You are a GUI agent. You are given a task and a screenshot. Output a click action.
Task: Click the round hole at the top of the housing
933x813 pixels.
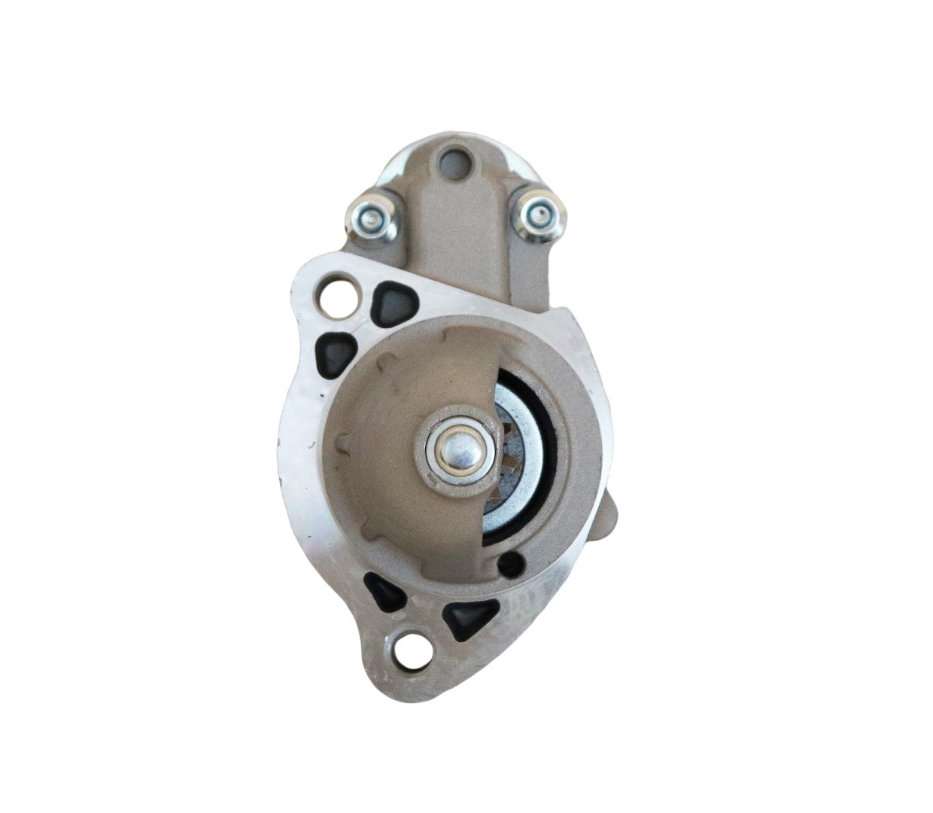pyautogui.click(x=451, y=160)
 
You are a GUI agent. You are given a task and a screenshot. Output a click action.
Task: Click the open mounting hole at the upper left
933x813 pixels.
pyautogui.click(x=333, y=297)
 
